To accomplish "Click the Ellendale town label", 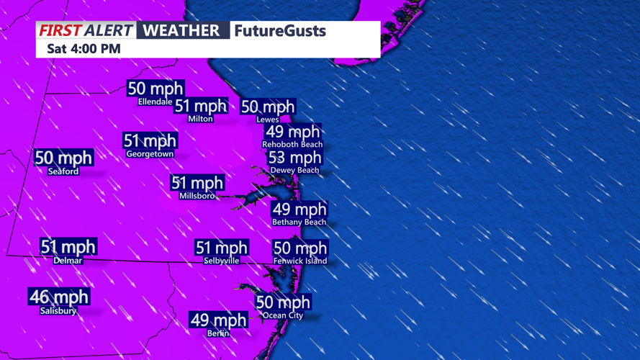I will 155,102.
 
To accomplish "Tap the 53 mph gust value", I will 294,158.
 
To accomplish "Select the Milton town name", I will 200,119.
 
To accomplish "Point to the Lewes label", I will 268,120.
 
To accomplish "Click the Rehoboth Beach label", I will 292,145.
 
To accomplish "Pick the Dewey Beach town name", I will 294,171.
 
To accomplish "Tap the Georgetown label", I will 150,154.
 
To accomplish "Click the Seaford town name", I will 63,171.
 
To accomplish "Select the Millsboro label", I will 197,196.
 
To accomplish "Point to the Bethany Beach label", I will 299,222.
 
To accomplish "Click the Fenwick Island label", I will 300,261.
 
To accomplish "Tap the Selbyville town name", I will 221,261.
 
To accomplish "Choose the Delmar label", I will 68,261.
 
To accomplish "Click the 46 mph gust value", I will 58,297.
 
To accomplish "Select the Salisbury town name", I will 58,311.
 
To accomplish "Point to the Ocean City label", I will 283,315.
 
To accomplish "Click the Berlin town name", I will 218,333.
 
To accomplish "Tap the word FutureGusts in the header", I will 280,31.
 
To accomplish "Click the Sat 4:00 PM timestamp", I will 84,49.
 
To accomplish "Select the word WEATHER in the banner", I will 181,30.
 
